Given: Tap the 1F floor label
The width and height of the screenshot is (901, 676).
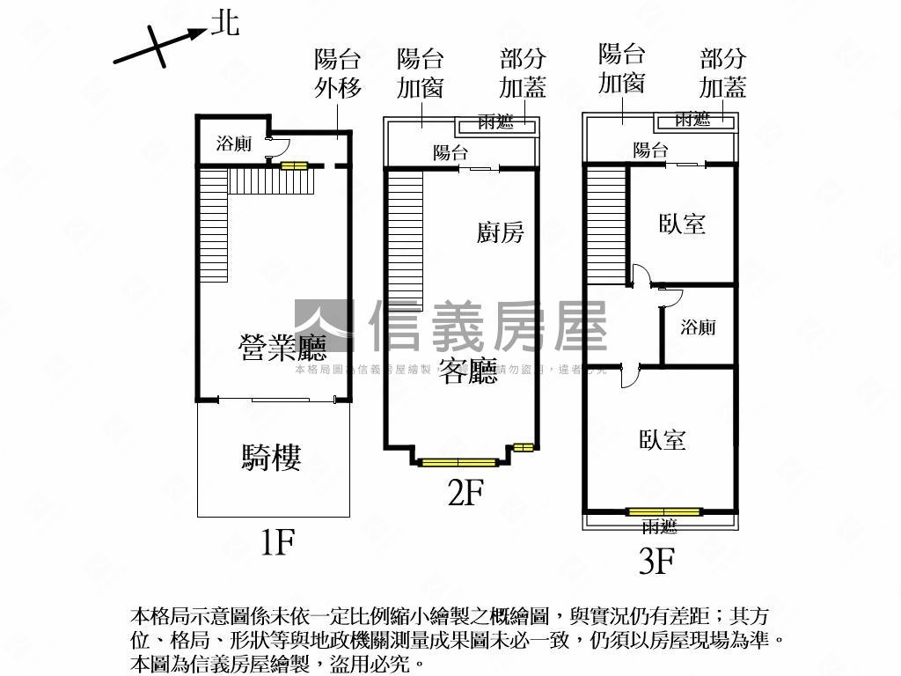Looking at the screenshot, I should click(x=276, y=542).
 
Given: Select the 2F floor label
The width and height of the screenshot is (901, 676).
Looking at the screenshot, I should click(x=465, y=493).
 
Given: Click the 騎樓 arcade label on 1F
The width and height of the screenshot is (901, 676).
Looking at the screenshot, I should click(x=272, y=457).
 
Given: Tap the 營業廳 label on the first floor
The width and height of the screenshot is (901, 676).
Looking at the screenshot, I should click(x=282, y=349).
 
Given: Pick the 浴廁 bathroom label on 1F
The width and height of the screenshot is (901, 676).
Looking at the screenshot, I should click(x=234, y=143).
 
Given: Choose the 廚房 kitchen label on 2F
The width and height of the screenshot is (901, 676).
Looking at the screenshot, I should click(x=501, y=231).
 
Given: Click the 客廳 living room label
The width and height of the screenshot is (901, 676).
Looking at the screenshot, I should click(x=469, y=371).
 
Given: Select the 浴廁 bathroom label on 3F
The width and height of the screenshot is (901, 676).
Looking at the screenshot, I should click(x=698, y=327).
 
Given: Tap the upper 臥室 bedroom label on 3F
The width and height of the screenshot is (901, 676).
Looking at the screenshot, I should click(x=682, y=223).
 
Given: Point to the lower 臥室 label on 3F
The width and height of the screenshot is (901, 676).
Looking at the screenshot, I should click(x=663, y=438).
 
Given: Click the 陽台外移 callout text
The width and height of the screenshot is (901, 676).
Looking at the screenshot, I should click(x=338, y=74).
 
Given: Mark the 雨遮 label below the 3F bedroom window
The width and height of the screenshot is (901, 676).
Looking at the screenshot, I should click(x=659, y=526).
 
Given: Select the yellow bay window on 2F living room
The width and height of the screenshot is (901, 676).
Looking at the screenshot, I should click(x=458, y=461).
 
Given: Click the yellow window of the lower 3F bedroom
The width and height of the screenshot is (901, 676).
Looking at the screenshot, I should click(x=664, y=511).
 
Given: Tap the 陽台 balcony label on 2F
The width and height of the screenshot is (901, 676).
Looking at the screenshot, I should click(x=450, y=152).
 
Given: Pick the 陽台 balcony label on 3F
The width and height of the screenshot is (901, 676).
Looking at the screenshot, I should click(x=650, y=151).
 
